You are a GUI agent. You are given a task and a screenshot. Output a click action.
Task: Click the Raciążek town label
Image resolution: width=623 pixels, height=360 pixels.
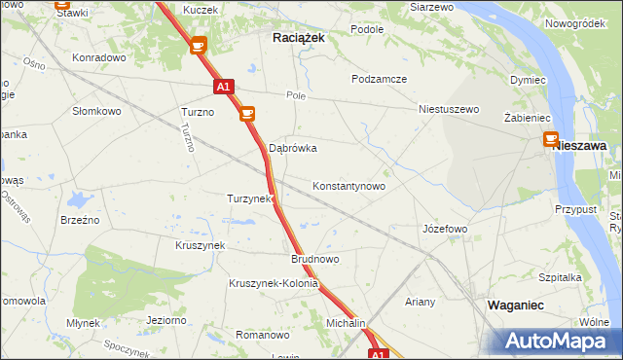tap(297, 36)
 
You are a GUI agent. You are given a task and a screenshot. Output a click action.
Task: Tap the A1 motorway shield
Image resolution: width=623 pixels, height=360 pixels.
tap(223, 87)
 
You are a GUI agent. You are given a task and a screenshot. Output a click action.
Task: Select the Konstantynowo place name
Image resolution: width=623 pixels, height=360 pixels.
tap(348, 186)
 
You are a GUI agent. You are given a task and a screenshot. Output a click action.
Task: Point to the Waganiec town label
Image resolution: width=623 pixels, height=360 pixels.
tap(515, 305)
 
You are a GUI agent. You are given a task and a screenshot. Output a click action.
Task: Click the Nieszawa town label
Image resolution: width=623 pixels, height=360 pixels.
tap(580, 145)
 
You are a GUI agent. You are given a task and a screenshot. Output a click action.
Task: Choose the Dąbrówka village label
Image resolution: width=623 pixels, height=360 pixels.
tap(293, 149)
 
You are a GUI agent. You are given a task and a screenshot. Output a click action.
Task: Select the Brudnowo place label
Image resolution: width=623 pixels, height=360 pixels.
tap(314, 260)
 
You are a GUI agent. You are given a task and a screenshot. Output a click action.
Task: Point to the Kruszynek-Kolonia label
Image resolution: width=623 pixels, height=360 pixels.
tap(274, 284)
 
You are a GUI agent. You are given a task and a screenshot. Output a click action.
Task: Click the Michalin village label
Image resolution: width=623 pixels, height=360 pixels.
tap(346, 323)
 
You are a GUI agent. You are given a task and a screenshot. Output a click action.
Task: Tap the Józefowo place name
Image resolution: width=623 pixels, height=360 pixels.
tap(445, 229)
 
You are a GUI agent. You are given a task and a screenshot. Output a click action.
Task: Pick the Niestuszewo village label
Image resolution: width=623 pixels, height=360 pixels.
tap(449, 110)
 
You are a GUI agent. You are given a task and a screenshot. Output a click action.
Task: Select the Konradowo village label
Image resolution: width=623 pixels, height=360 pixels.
tap(100, 57)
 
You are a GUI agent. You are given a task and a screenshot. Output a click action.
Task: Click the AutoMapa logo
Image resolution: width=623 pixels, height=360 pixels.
tap(552, 341)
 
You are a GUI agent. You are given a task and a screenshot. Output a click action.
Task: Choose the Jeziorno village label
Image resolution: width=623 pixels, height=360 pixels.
tap(165, 320)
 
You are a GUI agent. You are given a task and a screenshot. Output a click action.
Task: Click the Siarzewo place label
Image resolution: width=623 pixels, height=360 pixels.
tap(432, 7)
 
